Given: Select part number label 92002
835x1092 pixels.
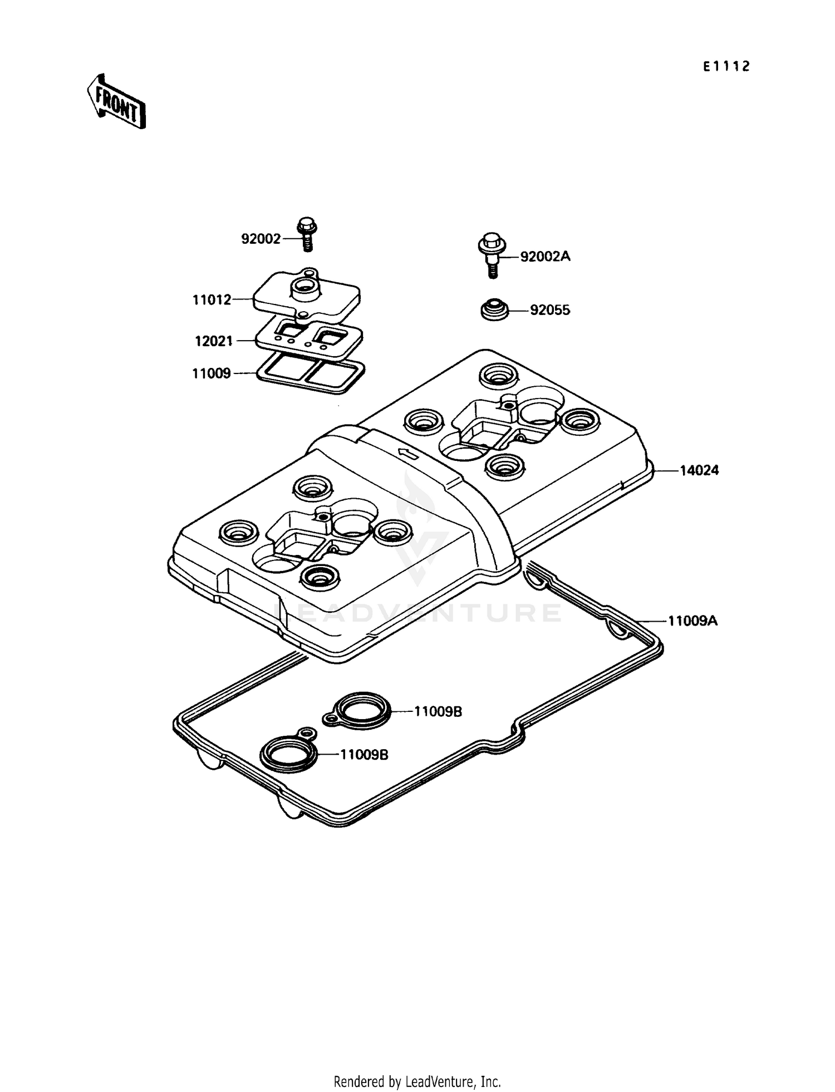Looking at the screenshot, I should [261, 239].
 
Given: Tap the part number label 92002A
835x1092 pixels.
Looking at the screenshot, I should [545, 257].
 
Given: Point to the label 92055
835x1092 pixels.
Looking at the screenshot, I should [550, 310].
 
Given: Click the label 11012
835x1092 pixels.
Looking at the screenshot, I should [212, 300].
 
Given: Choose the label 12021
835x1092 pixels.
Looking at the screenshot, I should [214, 341].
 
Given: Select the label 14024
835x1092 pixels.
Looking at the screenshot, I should [699, 470].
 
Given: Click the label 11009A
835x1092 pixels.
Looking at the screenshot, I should [692, 621].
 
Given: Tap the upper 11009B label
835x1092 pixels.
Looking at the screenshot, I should [438, 711].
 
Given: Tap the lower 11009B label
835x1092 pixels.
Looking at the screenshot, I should [364, 755].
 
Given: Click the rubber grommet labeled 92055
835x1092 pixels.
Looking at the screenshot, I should [494, 310].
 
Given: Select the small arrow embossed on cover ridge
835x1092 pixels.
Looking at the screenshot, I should [409, 454].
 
